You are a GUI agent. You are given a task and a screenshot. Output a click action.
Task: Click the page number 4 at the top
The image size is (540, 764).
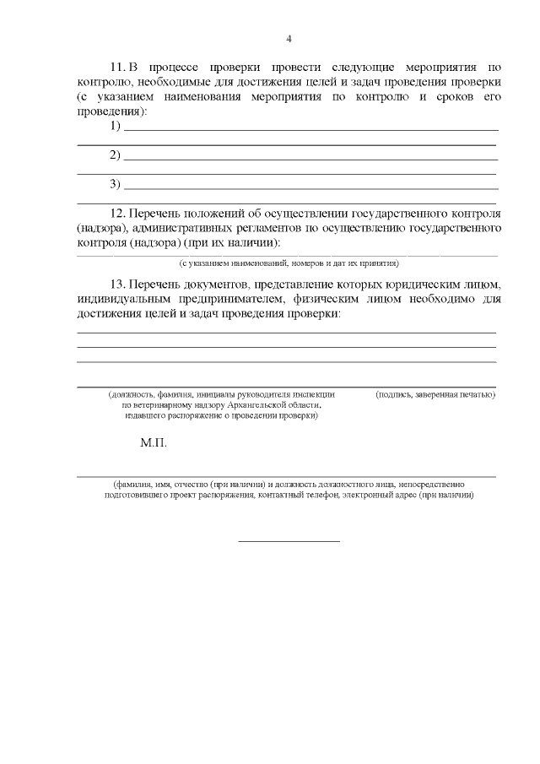pyautogui.click(x=289, y=39)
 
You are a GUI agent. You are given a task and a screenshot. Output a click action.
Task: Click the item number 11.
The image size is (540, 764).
pyautogui.click(x=117, y=67)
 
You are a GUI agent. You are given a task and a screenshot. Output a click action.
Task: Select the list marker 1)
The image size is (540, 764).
pyautogui.click(x=116, y=127)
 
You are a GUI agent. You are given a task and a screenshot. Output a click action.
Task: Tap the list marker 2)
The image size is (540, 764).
pyautogui.click(x=116, y=155)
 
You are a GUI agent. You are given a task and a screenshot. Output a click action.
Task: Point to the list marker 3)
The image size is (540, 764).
pyautogui.click(x=116, y=184)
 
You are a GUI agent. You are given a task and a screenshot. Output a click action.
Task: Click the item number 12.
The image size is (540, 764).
pyautogui.click(x=118, y=213)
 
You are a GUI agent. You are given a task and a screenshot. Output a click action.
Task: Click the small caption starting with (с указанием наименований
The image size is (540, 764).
pyautogui.click(x=289, y=263)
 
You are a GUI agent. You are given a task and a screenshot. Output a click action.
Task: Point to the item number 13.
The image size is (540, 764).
pyautogui.click(x=118, y=283)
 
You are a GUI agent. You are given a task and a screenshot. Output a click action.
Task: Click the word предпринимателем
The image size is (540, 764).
pyautogui.click(x=214, y=298)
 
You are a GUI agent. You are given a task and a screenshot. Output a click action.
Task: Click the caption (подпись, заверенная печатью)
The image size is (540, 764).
pyautogui.click(x=435, y=394)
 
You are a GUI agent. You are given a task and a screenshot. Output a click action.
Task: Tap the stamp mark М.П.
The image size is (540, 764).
pyautogui.click(x=154, y=443)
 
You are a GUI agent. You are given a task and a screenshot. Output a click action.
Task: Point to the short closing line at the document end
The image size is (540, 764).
pyautogui.click(x=289, y=540)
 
